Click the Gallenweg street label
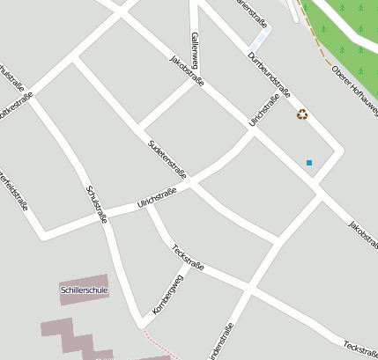tap(195, 51)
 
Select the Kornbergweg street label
tap(167, 295)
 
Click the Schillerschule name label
tap(85, 289)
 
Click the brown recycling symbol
tap(302, 114)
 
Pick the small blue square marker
tap(309, 163)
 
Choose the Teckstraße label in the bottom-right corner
tap(360, 349)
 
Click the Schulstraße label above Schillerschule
tap(96, 202)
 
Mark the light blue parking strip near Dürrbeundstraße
tap(260, 39)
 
